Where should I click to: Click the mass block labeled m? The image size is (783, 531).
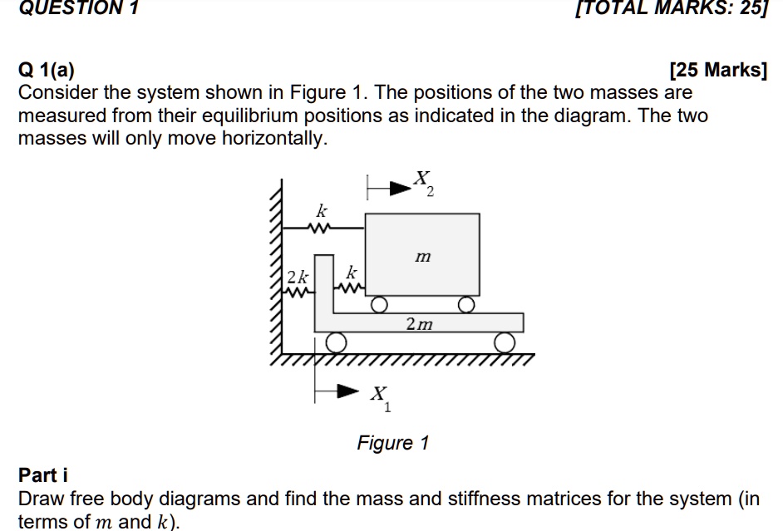point(423,256)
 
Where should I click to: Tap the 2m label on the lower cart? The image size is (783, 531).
point(420,323)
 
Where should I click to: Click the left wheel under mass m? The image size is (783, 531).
point(379,305)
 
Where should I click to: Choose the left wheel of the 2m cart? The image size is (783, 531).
point(336,342)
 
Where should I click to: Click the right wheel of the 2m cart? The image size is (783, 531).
point(505,342)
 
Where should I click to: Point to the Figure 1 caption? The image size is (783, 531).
point(392,443)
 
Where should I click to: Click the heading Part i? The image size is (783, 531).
point(43,475)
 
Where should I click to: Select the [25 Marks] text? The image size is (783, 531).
point(718,71)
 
